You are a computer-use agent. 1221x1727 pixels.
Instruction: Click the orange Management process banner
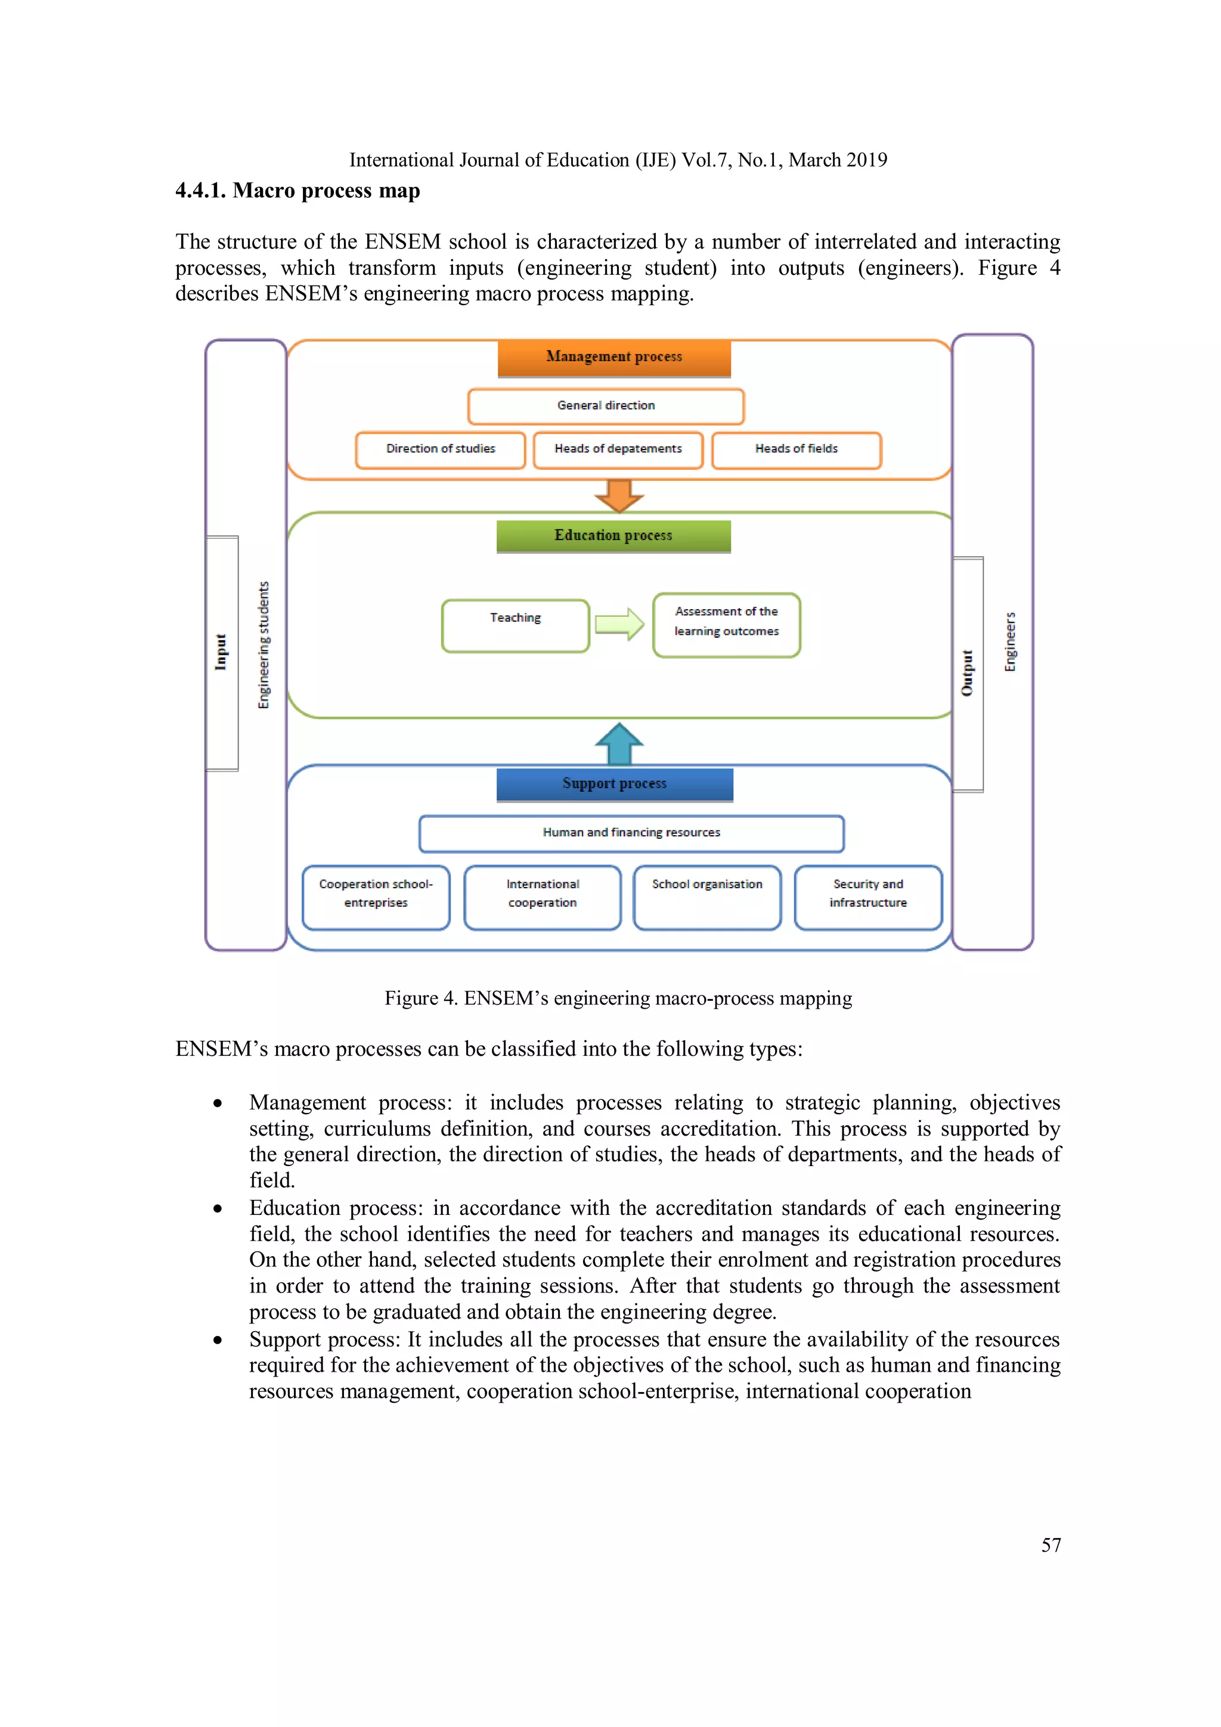click(x=614, y=357)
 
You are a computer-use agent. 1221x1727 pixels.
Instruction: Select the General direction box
click(x=606, y=406)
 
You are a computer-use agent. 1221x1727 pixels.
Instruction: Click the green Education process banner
click(x=613, y=535)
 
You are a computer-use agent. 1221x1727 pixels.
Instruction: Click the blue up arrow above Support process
click(x=618, y=743)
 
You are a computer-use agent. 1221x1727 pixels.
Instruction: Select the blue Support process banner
click(x=614, y=784)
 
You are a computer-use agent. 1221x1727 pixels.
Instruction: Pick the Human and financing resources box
click(x=631, y=833)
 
